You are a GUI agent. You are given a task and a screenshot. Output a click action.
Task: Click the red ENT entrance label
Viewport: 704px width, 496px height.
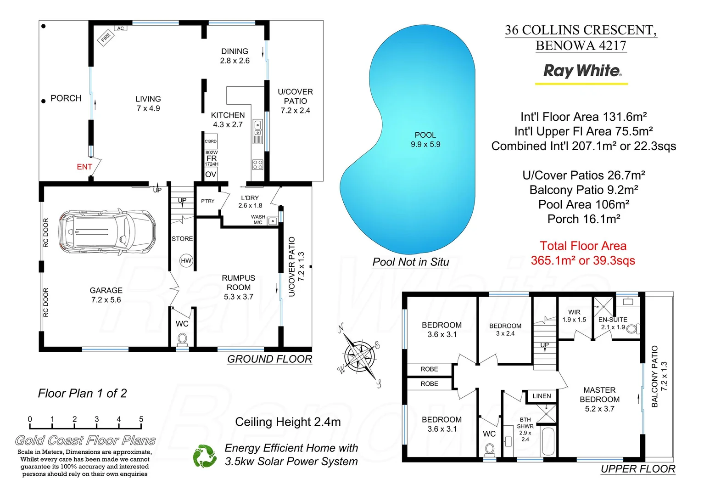click(x=84, y=167)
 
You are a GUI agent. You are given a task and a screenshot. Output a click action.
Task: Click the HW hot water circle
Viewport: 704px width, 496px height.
click(x=186, y=261)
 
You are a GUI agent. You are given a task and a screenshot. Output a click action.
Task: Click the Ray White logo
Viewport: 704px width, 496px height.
click(x=582, y=71)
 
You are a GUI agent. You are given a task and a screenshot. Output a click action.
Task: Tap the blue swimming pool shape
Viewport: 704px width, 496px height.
click(x=413, y=138)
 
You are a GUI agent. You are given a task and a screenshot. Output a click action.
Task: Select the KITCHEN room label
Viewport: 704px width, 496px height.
click(x=228, y=115)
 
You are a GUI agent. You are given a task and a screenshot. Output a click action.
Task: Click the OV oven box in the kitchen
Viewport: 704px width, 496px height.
click(x=211, y=175)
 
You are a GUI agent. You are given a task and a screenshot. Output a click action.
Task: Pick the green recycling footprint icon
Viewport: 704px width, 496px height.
click(x=205, y=456)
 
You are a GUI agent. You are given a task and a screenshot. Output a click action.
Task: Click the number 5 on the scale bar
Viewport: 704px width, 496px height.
click(x=141, y=419)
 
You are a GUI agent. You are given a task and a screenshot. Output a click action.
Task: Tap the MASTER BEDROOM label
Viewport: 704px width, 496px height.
click(x=599, y=395)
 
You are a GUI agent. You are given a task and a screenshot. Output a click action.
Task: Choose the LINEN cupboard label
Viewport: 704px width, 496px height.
click(x=542, y=396)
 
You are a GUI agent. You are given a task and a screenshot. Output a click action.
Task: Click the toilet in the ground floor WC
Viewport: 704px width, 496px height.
click(x=182, y=339)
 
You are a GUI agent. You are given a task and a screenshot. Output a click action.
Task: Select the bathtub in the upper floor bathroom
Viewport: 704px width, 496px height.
click(x=548, y=441)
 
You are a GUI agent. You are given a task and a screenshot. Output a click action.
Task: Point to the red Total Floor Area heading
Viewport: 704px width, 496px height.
click(x=583, y=246)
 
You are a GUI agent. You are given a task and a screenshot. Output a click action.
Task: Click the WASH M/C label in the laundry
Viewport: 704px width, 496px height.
click(x=258, y=220)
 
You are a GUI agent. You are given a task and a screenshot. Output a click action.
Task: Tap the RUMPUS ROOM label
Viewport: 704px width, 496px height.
click(x=238, y=282)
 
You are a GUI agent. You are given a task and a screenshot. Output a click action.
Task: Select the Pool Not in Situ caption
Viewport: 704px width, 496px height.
click(x=411, y=262)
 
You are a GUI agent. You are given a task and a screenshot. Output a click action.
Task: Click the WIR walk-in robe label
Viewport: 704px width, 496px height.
click(x=574, y=312)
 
